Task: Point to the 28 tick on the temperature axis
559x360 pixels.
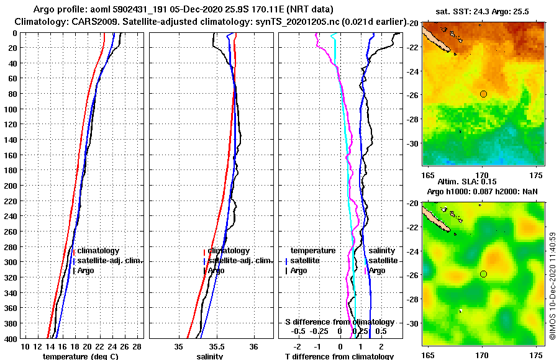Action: coord(137,346)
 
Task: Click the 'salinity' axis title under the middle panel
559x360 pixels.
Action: coord(209,356)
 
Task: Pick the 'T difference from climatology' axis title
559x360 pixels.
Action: coord(339,356)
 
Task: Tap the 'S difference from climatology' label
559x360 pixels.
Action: coord(339,322)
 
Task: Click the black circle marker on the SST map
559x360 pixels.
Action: coord(483,94)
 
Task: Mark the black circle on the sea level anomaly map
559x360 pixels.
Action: coord(483,274)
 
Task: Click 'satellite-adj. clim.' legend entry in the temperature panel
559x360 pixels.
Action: coord(109,261)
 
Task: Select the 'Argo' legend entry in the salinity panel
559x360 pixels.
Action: coord(216,271)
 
